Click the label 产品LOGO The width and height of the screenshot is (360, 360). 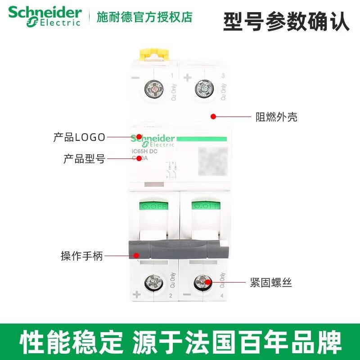click(79, 137)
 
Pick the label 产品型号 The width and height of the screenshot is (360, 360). click(84, 158)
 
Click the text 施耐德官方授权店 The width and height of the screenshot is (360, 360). click(144, 17)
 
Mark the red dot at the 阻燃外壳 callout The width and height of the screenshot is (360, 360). click(213, 117)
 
